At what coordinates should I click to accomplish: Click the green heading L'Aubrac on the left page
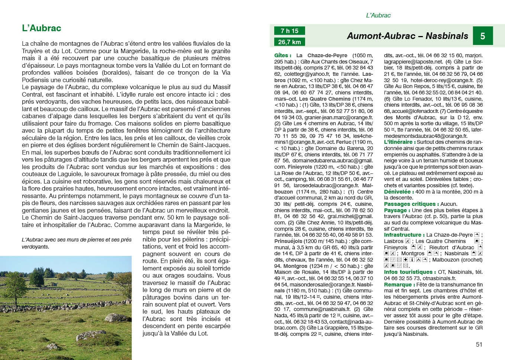42,28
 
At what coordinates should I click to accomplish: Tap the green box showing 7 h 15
289,31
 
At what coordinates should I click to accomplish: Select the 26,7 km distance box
289,42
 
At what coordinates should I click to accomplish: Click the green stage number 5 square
482,36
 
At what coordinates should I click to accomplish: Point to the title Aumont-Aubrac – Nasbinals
407,36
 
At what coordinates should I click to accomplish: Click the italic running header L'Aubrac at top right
378,16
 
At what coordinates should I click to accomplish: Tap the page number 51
479,344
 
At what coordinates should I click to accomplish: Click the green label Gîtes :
283,55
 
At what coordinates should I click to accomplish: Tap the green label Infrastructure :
404,235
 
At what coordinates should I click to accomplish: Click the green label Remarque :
399,285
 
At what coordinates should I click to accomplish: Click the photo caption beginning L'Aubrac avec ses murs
77,243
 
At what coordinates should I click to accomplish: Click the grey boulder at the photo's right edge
118,318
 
